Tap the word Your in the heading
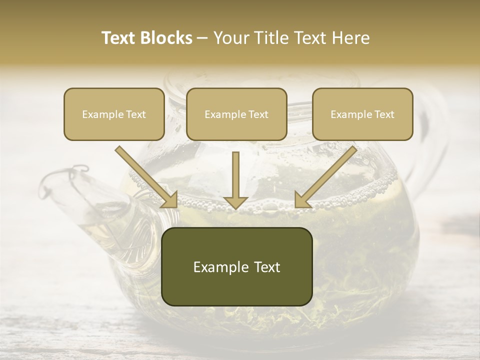coord(229,38)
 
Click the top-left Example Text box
coord(114,114)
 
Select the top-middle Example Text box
coord(236,114)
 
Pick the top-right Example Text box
coord(362,114)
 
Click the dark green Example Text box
coord(237,267)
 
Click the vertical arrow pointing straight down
coord(236,180)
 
